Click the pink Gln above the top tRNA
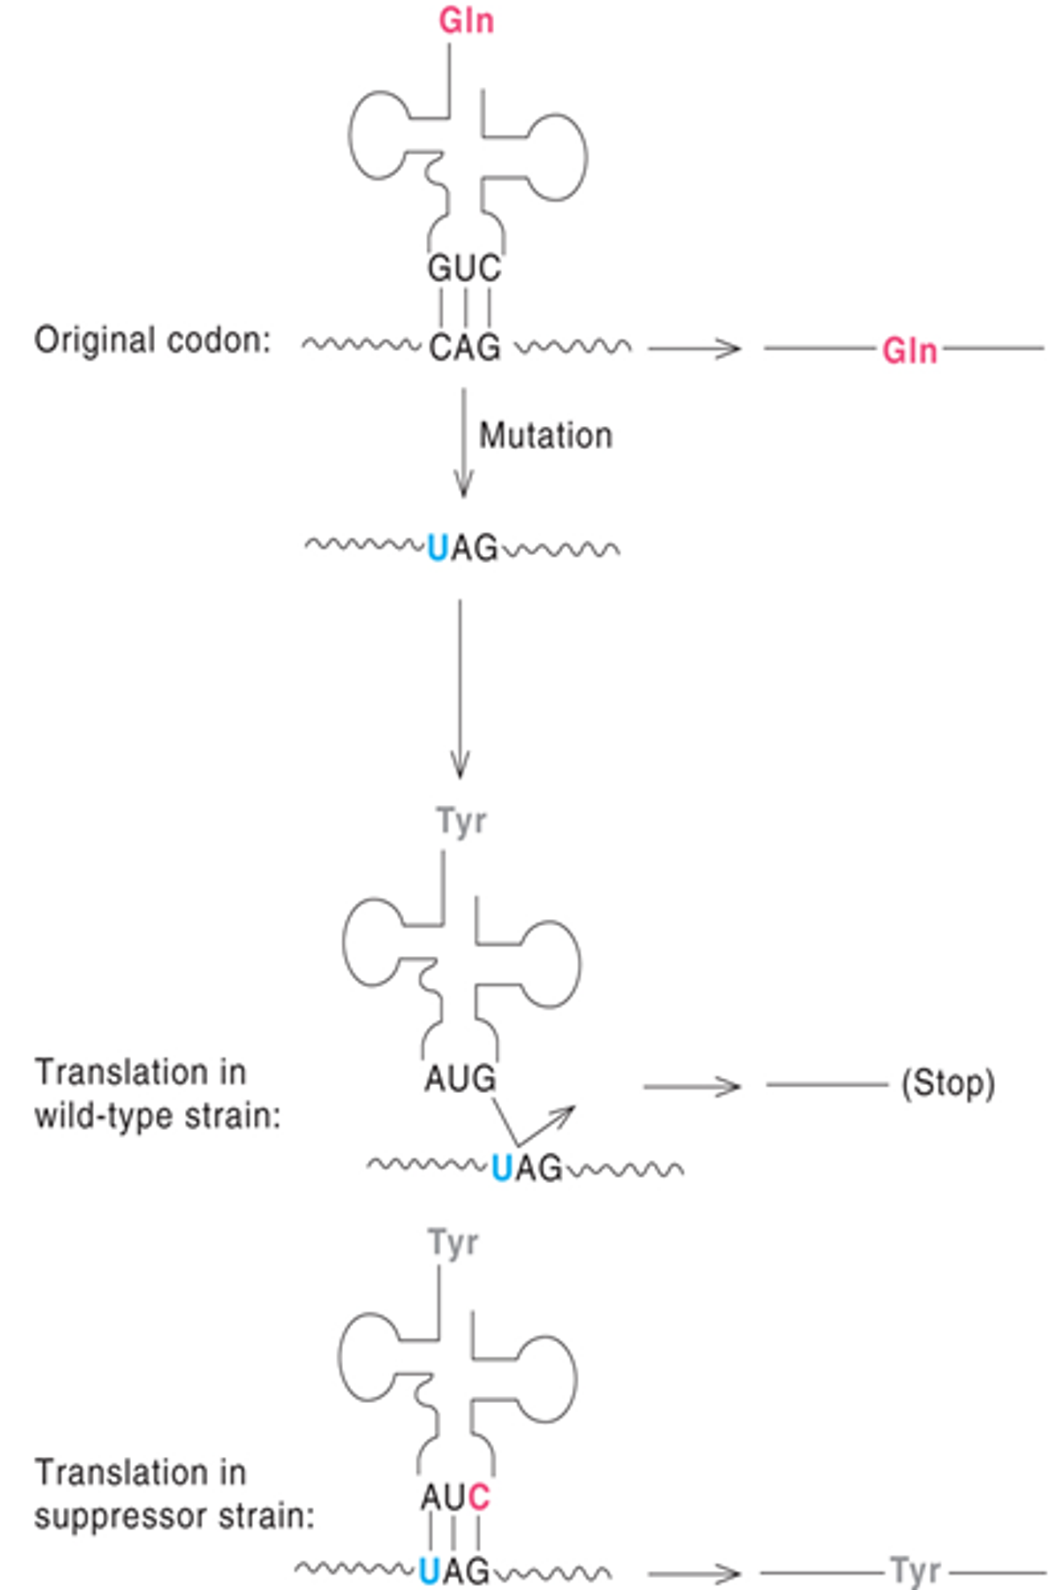click(466, 21)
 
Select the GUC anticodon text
click(464, 268)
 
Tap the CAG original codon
click(465, 348)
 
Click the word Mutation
click(545, 436)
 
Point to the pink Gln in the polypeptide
click(910, 352)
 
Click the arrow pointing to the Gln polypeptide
click(694, 349)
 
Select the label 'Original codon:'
click(152, 340)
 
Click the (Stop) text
click(948, 1085)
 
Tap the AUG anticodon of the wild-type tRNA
click(460, 1079)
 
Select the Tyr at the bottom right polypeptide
click(916, 1571)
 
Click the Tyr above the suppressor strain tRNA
click(453, 1243)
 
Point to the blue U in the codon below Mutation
click(437, 549)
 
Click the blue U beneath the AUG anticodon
click(501, 1167)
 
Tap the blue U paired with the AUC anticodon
click(429, 1571)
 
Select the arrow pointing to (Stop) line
click(692, 1087)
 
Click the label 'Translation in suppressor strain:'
click(174, 1495)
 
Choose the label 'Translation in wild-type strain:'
click(157, 1094)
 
